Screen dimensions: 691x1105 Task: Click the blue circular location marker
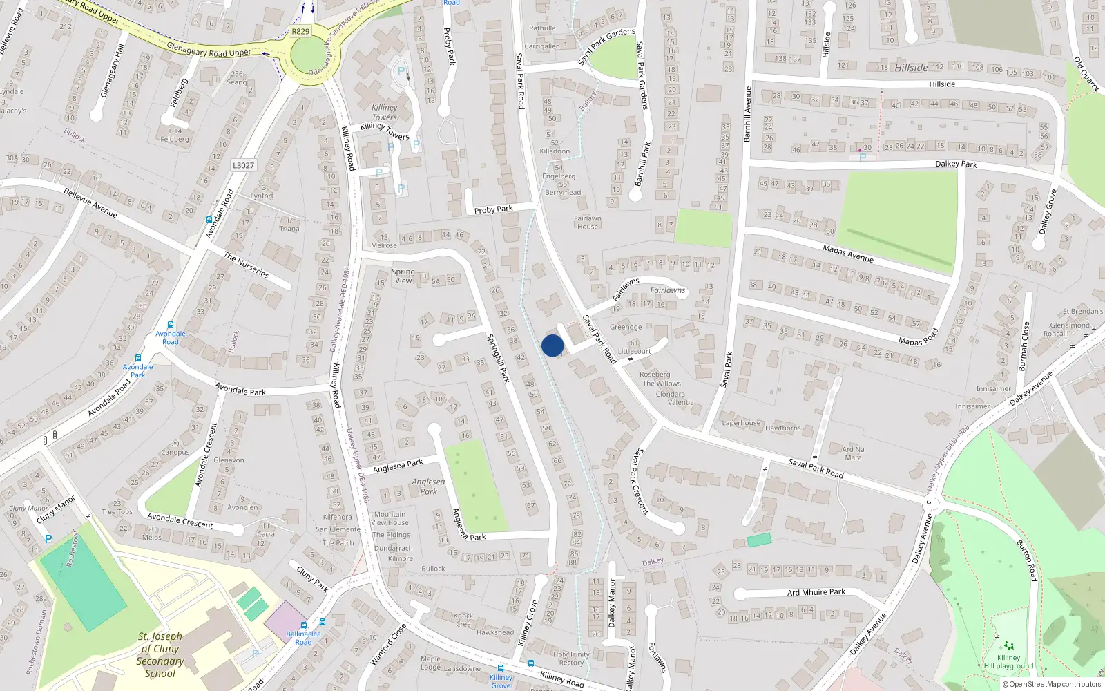click(552, 345)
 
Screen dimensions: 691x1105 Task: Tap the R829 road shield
click(300, 31)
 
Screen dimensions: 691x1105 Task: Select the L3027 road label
click(243, 165)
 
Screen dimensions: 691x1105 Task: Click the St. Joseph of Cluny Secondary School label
click(160, 654)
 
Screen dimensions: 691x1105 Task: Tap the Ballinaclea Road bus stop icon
click(322, 622)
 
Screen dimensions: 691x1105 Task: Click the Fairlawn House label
click(588, 223)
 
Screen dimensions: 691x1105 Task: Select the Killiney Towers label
click(385, 113)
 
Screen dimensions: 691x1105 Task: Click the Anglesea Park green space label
click(428, 486)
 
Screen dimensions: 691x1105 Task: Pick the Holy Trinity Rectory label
click(571, 659)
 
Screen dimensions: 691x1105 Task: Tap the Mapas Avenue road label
click(848, 254)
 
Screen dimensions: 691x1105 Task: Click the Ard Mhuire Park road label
click(816, 592)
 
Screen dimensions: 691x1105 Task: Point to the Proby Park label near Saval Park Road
click(493, 209)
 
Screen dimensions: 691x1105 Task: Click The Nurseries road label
click(246, 265)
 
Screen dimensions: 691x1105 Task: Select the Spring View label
click(403, 276)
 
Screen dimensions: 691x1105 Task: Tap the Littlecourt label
click(634, 351)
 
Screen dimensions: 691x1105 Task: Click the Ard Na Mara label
click(853, 453)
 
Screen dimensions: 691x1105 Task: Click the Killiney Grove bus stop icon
click(501, 668)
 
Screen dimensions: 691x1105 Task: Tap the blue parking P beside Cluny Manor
click(48, 539)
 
